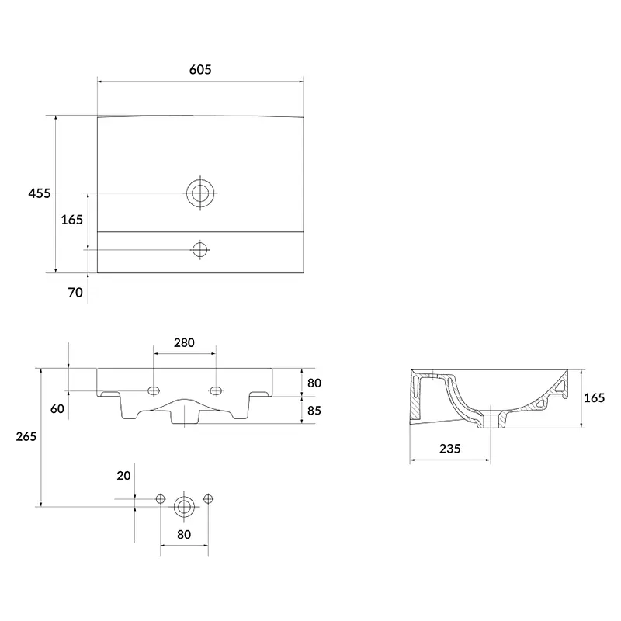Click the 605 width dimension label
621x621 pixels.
click(200, 70)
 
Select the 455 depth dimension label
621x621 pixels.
click(40, 193)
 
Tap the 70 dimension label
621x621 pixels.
click(75, 293)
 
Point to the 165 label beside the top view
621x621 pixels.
click(71, 220)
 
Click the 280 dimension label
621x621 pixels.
click(184, 342)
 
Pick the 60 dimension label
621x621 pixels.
click(57, 409)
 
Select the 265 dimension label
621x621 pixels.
click(26, 436)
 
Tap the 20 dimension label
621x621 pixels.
click(123, 476)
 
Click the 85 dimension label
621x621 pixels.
click(314, 411)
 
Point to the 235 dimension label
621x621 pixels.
click(450, 449)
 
